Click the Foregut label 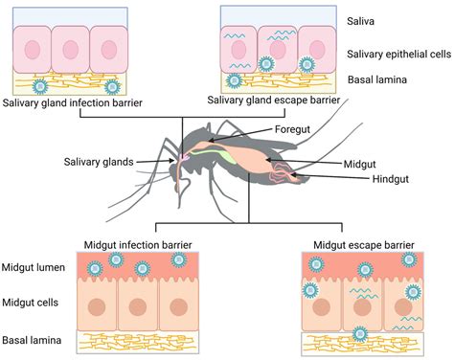(x=294, y=129)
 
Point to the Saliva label (x=361, y=18)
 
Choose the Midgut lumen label (x=34, y=269)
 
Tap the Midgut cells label (x=31, y=304)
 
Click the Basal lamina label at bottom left (x=31, y=340)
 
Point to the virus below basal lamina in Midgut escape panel (x=359, y=333)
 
